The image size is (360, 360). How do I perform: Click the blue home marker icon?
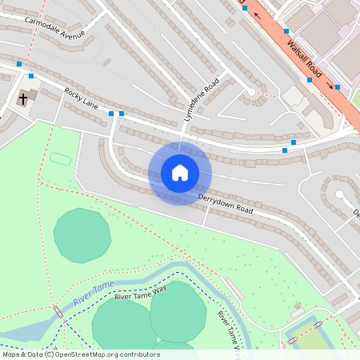(x=180, y=173)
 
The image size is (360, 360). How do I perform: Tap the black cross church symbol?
(x=23, y=99)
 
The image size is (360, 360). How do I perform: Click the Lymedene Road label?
(x=202, y=100)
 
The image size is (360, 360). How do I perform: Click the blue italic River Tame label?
(x=93, y=293)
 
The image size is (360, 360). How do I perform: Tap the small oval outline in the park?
(x=60, y=158)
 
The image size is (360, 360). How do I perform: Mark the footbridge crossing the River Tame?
(x=58, y=311)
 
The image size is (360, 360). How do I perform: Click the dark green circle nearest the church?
(x=82, y=235)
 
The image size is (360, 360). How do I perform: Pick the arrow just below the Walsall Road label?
(x=328, y=82)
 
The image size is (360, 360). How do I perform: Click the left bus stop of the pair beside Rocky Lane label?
(x=111, y=114)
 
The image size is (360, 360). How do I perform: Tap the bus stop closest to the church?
(x=31, y=76)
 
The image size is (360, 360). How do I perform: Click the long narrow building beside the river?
(x=233, y=289)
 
